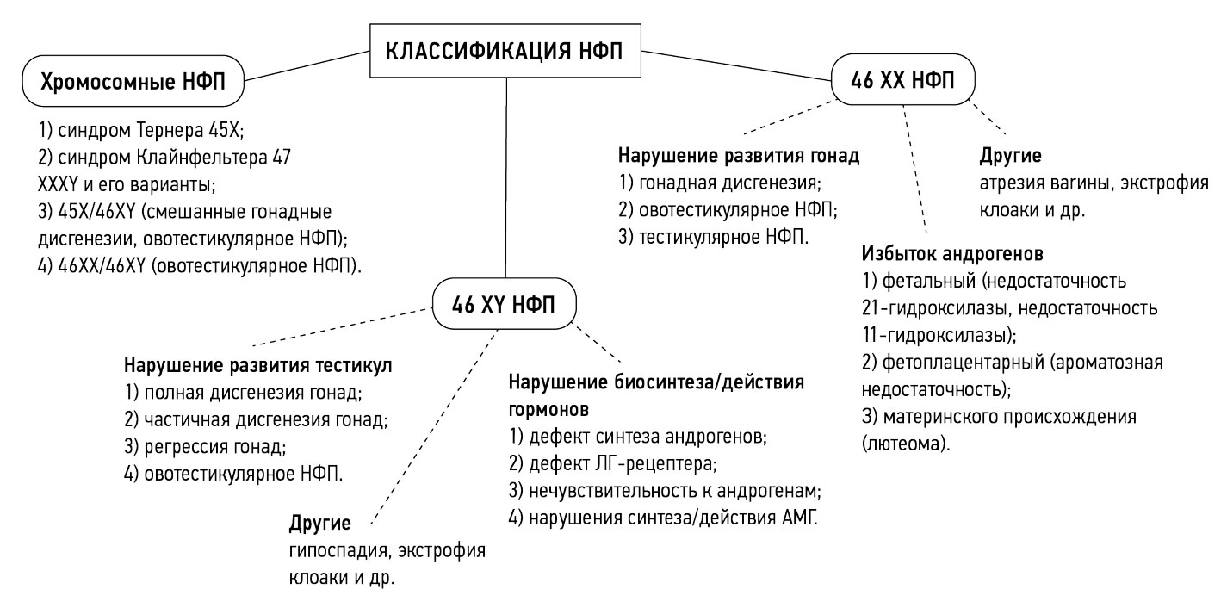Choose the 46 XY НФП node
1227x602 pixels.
click(x=505, y=303)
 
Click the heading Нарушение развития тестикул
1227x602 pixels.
click(x=258, y=365)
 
